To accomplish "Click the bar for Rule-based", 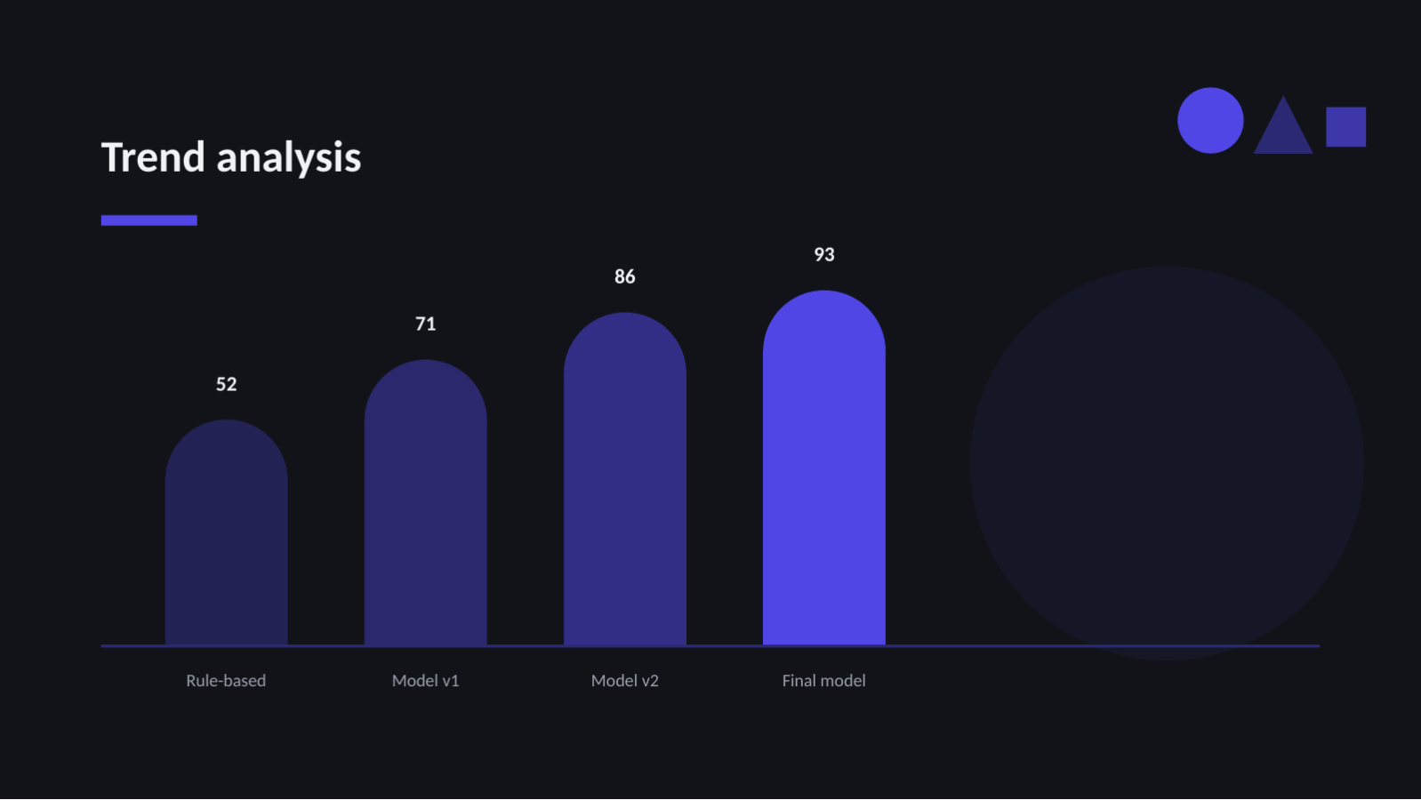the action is (227, 532).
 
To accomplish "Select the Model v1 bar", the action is (426, 503).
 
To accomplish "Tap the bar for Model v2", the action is (625, 479).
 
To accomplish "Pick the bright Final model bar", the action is (824, 468).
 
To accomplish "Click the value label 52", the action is (227, 384).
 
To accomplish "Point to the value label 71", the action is (426, 324).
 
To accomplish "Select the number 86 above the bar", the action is (625, 276).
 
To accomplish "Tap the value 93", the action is (824, 255).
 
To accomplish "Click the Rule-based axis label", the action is (226, 681).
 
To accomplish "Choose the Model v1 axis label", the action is (426, 681).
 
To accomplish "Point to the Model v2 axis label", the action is (625, 681).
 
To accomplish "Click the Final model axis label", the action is (824, 681).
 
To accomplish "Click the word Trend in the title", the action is (153, 156).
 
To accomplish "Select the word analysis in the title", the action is (289, 158).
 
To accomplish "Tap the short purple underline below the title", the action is (149, 220).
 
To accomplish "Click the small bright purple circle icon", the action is (1210, 120).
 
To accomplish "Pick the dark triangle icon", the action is (1282, 130).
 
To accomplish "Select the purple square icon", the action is (1345, 127).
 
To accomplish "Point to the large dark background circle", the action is (1167, 463).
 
